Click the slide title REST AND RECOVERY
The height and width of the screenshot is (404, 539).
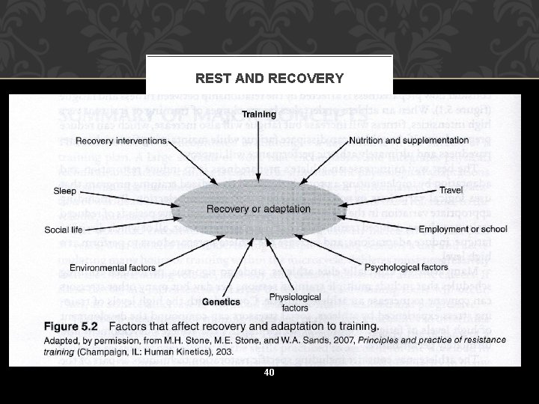[269, 79]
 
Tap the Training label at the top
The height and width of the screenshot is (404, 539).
[258, 114]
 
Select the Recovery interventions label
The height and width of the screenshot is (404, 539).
[121, 140]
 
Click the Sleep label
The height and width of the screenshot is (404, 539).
[64, 191]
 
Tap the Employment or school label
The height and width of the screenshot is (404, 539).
[463, 229]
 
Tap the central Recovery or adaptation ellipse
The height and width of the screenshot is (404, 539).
[258, 209]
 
